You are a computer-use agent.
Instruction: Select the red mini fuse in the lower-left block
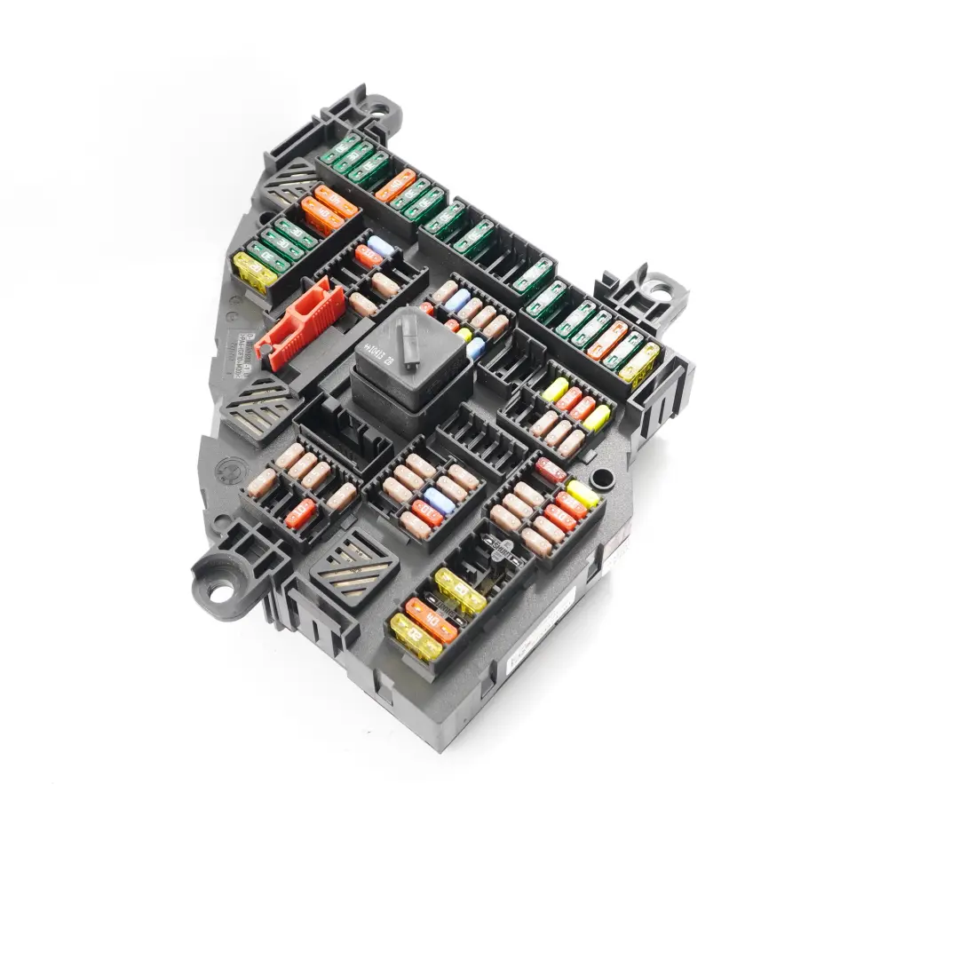(x=301, y=513)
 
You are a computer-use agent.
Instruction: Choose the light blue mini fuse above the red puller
(x=380, y=246)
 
